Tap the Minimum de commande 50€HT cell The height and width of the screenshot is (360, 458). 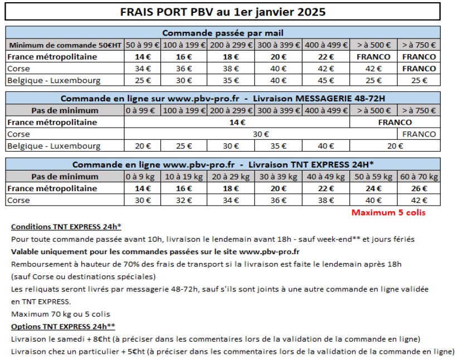[65, 45]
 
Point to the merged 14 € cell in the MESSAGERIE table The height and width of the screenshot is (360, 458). [237, 122]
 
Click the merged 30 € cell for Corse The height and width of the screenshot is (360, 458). [261, 134]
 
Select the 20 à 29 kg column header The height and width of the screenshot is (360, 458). [231, 177]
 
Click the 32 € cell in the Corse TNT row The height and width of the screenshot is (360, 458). [184, 200]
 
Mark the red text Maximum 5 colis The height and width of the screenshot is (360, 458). [389, 212]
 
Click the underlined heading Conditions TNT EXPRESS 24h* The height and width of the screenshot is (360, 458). [66, 227]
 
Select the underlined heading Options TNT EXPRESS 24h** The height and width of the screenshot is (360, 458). [63, 327]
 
